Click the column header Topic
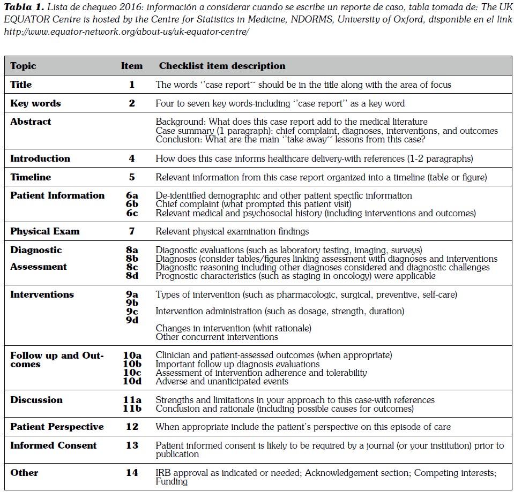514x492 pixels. [x=23, y=66]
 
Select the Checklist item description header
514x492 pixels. [x=222, y=66]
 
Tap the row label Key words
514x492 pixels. [x=35, y=103]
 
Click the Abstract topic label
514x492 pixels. [x=31, y=122]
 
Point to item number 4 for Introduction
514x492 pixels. [x=131, y=158]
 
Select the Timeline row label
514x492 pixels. [x=31, y=177]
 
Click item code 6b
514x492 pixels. [x=131, y=205]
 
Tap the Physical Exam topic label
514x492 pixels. [x=44, y=231]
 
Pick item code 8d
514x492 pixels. [x=131, y=276]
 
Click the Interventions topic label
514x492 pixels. [x=42, y=294]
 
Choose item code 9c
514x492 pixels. [x=131, y=312]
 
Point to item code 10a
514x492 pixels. [x=131, y=355]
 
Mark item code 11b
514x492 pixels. [x=131, y=409]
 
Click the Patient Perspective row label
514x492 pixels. [x=57, y=427]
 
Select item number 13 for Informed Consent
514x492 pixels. [x=131, y=445]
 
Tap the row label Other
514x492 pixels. [x=24, y=473]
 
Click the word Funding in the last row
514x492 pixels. [x=172, y=481]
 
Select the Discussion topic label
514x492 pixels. [x=36, y=400]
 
